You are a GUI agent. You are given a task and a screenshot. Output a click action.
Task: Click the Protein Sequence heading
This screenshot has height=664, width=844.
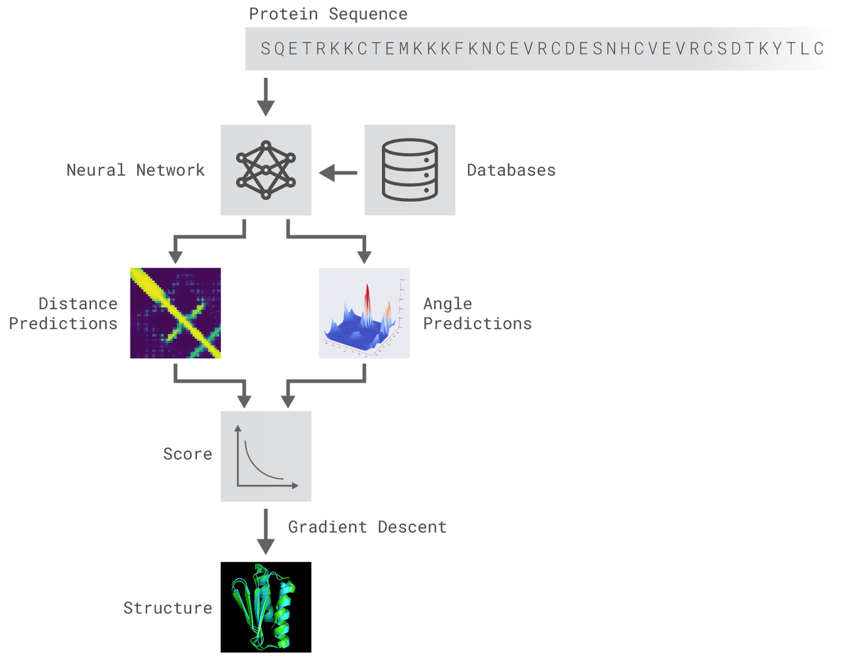(328, 15)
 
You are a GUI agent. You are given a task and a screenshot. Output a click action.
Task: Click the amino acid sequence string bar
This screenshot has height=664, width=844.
(541, 49)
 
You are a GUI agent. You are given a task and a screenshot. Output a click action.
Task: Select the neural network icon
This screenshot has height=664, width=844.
(266, 170)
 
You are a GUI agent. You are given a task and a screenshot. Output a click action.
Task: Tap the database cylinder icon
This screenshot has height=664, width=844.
(409, 170)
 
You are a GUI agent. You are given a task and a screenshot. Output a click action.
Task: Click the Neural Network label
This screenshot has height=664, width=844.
(135, 170)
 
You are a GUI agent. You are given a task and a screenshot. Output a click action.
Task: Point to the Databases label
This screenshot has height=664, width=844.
(511, 170)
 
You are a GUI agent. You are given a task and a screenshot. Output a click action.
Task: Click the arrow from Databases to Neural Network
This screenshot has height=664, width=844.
(338, 173)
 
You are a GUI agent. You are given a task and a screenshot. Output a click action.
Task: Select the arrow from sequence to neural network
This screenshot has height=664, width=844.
(266, 97)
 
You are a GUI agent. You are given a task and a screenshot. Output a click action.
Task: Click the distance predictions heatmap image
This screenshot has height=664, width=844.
(175, 313)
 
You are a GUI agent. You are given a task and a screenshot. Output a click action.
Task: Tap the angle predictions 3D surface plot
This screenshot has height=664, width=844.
(364, 313)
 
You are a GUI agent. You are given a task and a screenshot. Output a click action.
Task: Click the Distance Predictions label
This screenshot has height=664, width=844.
(63, 314)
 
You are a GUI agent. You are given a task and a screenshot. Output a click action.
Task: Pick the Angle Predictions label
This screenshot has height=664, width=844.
(477, 314)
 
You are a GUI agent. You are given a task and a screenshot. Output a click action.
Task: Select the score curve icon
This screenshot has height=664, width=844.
(266, 456)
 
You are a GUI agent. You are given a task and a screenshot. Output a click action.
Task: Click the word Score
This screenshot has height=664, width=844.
(187, 454)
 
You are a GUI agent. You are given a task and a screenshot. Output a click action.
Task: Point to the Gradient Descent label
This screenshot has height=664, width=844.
(367, 528)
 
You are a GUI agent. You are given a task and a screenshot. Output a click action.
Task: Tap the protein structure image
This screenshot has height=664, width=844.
(266, 607)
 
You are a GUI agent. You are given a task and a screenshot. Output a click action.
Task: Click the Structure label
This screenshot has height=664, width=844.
(167, 608)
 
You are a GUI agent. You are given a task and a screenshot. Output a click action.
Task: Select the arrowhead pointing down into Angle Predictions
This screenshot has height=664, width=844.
(364, 257)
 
